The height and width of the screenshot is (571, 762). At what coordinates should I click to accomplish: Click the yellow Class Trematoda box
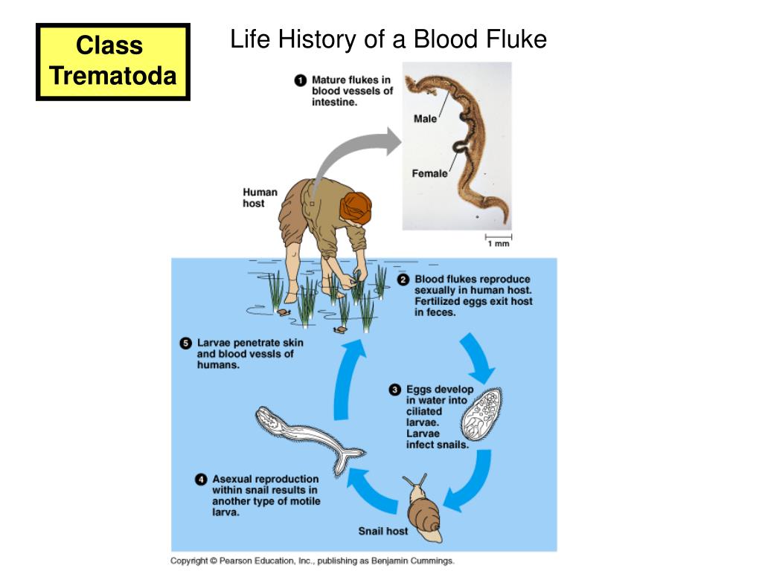(113, 62)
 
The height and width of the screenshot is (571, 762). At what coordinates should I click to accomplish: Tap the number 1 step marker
(301, 80)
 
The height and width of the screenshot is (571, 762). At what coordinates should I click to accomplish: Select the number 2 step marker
(403, 280)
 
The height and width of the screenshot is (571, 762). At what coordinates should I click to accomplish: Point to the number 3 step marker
(395, 390)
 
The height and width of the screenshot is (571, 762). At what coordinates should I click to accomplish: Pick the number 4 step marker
(200, 480)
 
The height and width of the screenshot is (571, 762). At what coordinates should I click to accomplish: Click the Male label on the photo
(425, 119)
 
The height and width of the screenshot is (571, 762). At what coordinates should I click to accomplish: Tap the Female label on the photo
(429, 173)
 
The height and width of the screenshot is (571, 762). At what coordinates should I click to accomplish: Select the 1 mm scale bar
(499, 237)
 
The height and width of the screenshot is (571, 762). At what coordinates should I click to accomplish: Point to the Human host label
(260, 198)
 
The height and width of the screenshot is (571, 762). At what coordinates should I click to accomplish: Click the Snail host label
(382, 531)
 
